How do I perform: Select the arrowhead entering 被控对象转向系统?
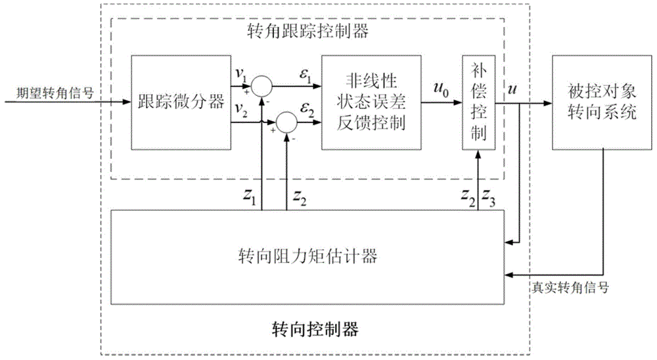tap(548, 102)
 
